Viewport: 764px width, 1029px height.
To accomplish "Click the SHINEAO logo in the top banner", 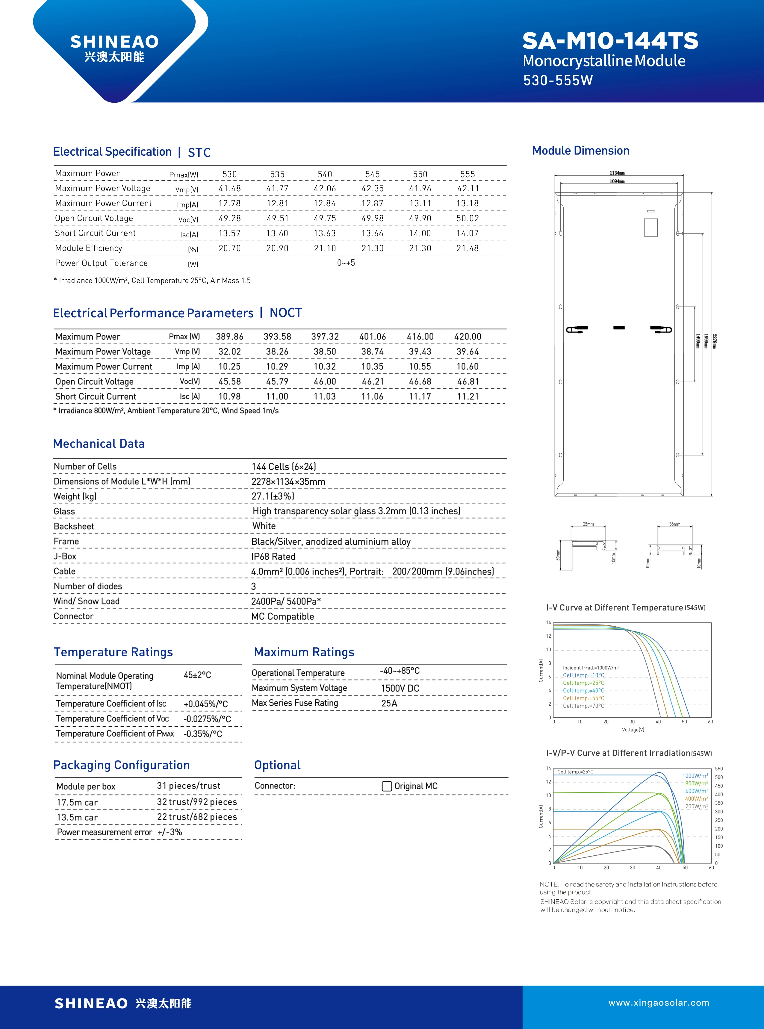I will [x=114, y=48].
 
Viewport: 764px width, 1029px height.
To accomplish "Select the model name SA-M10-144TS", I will [x=610, y=41].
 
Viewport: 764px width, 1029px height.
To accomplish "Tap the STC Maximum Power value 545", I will [x=372, y=174].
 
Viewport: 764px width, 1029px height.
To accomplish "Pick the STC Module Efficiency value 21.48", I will [x=467, y=248].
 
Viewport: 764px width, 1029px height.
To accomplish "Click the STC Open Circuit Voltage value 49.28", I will [x=229, y=218].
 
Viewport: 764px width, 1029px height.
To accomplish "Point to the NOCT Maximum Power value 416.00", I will [x=420, y=337].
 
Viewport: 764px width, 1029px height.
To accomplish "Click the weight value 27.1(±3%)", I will [x=273, y=496].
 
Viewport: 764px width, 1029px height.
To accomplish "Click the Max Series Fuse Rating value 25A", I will [x=389, y=703].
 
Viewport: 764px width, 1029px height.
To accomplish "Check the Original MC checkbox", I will [x=387, y=786].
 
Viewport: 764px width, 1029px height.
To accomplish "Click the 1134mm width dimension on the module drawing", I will [x=617, y=173].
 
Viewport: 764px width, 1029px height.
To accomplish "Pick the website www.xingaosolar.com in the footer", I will [x=659, y=1003].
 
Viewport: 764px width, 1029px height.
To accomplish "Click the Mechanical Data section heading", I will [x=99, y=444].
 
